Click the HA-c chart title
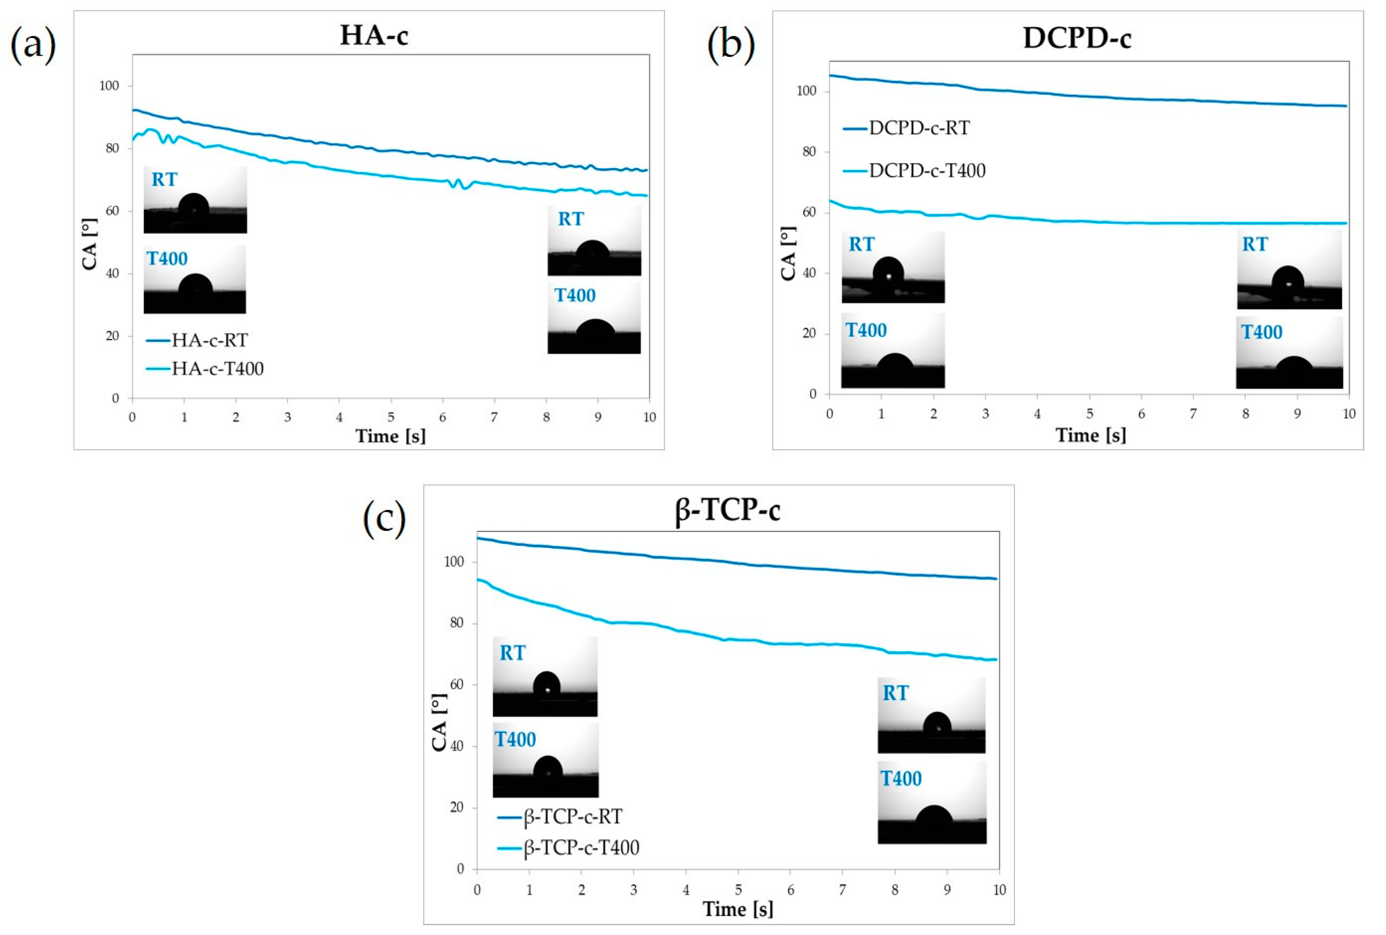pos(374,35)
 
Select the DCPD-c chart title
pos(1077,37)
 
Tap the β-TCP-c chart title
pos(727,510)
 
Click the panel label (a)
pos(34,45)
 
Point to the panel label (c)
pos(384,518)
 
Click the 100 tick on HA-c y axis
pos(109,86)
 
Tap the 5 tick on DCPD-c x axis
pos(1090,414)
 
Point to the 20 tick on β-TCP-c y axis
pos(456,808)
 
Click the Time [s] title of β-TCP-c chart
pos(738,909)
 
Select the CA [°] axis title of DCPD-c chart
pos(788,253)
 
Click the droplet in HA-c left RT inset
pos(194,206)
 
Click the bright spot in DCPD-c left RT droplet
pos(889,276)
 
